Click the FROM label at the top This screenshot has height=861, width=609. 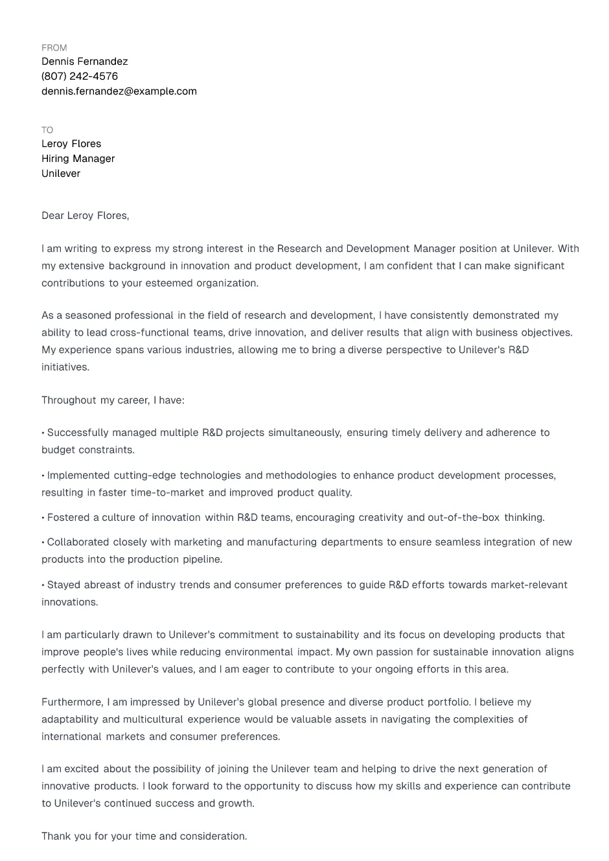click(54, 48)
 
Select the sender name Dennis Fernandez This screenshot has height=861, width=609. click(84, 62)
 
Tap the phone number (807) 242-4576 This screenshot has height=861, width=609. click(80, 76)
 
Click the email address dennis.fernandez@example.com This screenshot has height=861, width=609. click(119, 91)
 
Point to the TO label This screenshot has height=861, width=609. click(47, 130)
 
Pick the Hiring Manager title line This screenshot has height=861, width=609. click(78, 159)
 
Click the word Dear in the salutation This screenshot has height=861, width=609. click(52, 216)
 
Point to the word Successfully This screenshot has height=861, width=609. click(78, 433)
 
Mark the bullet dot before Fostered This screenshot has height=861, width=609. click(43, 518)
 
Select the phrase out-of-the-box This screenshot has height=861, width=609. click(463, 518)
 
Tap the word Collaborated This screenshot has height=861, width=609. click(78, 542)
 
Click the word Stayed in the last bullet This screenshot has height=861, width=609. click(63, 585)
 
